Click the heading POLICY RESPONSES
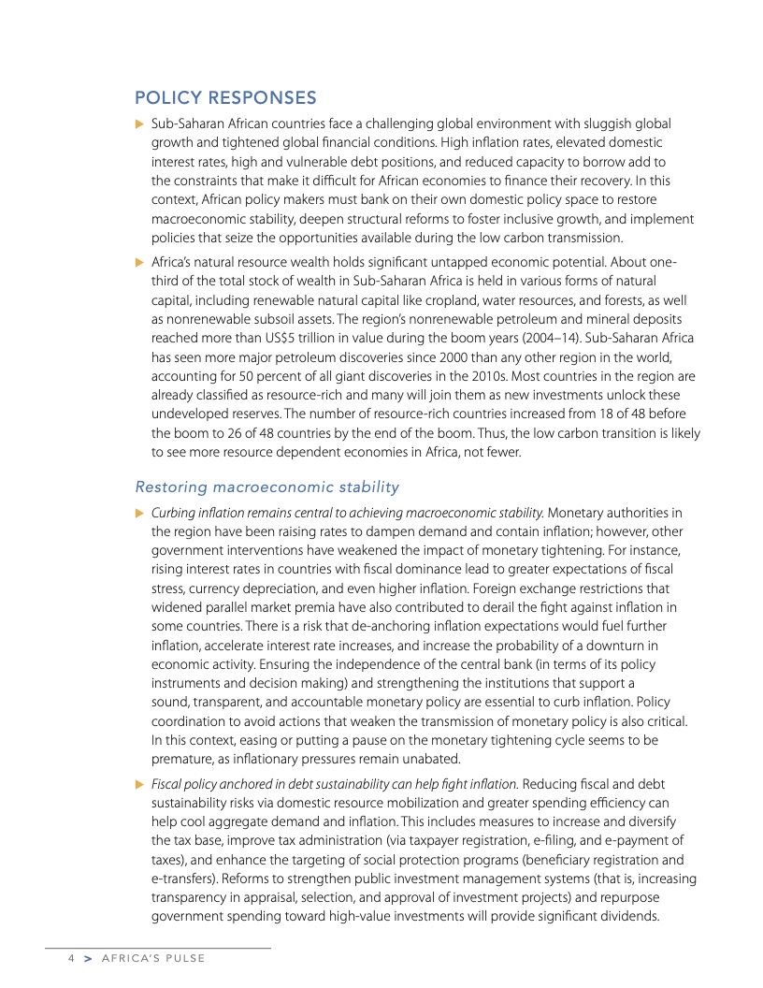coord(225,98)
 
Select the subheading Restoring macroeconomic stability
coord(266,487)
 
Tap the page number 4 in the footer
coord(70,959)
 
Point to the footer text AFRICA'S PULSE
coord(152,959)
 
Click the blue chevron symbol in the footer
coord(88,959)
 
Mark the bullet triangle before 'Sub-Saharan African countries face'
coord(139,124)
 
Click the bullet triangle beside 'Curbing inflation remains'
coord(139,513)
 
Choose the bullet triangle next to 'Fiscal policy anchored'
coord(139,784)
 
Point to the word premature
coord(183,759)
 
